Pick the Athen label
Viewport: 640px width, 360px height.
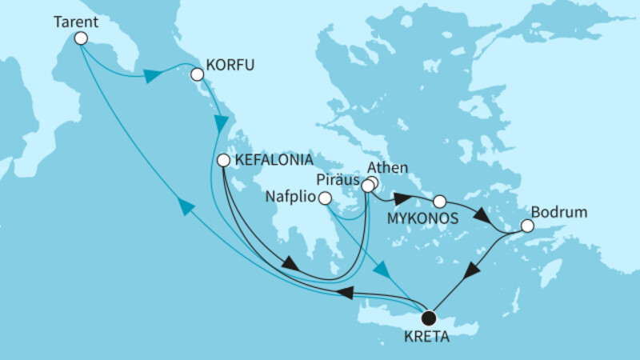coord(387,169)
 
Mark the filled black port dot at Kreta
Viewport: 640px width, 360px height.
coord(430,316)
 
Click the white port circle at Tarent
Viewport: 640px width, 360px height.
coord(80,37)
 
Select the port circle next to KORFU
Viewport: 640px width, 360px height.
coord(196,75)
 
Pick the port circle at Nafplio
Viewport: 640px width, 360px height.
coord(324,198)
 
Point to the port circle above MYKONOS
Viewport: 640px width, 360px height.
coord(439,200)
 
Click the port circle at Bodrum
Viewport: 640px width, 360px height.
coord(527,227)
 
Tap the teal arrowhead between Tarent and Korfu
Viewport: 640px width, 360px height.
coord(151,78)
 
